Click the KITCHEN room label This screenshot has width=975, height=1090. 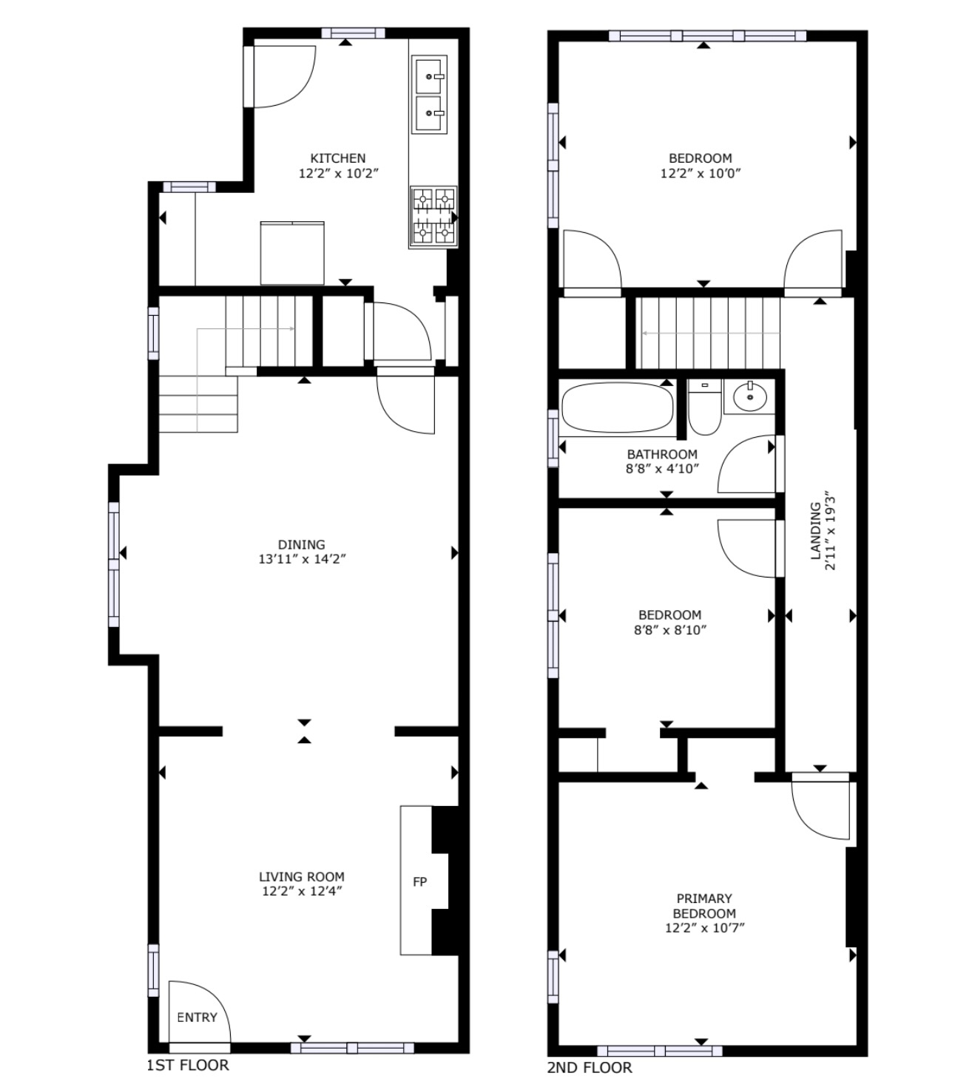(337, 158)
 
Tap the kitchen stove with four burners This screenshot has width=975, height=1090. (433, 217)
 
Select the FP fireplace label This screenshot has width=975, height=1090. (420, 881)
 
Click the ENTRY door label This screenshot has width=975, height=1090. (197, 1018)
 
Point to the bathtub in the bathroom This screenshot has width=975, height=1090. (617, 407)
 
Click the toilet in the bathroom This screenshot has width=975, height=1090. (705, 407)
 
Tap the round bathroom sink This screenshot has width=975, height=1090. (750, 397)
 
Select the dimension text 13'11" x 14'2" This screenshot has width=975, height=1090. (302, 559)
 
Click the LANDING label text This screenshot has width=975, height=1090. (816, 530)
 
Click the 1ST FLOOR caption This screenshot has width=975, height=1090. (188, 1065)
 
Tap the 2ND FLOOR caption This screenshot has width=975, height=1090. (590, 1067)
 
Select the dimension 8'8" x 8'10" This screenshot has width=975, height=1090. (670, 630)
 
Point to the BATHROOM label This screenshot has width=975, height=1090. (662, 454)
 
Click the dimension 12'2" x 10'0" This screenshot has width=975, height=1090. (701, 173)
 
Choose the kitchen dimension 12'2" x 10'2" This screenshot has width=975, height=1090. (339, 173)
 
